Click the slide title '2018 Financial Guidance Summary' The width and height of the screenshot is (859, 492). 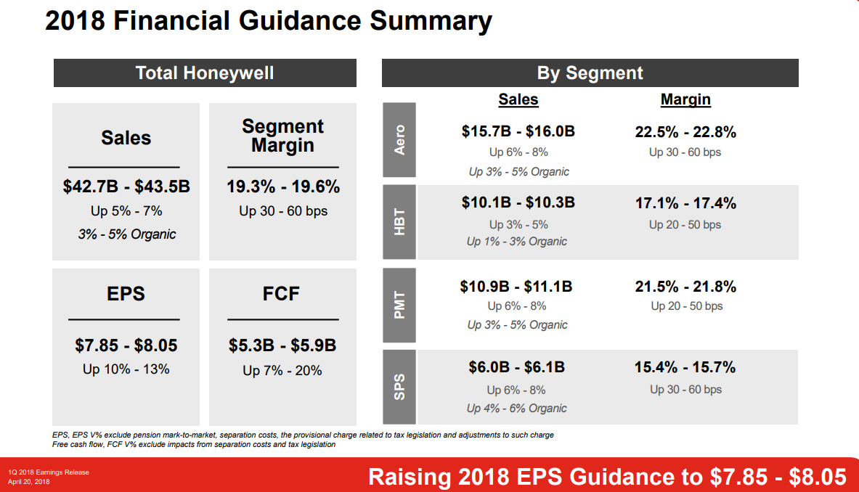268,22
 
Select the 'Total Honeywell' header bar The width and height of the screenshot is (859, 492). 205,73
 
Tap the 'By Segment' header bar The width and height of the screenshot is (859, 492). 590,73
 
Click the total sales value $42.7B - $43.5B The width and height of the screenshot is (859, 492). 126,186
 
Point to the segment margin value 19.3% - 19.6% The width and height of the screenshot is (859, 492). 283,186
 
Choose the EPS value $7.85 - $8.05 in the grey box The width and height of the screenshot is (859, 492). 126,345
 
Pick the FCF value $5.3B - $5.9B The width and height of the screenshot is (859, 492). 282,345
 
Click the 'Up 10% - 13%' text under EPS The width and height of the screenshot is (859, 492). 126,369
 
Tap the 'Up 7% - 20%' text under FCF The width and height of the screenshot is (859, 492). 282,371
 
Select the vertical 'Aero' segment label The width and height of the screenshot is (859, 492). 399,140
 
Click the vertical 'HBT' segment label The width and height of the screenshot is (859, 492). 399,222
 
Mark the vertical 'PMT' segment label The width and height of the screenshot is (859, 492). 399,304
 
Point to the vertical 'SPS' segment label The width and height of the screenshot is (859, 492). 399,387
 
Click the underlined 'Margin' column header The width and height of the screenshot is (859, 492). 685,99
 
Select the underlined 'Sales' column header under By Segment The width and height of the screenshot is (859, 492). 518,99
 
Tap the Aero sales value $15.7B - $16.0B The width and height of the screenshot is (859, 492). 518,131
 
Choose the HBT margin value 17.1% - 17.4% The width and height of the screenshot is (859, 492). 685,204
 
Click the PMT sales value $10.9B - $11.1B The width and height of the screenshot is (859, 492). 516,287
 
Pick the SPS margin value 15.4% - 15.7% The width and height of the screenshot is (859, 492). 685,368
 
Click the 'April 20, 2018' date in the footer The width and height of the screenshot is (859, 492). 28,481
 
